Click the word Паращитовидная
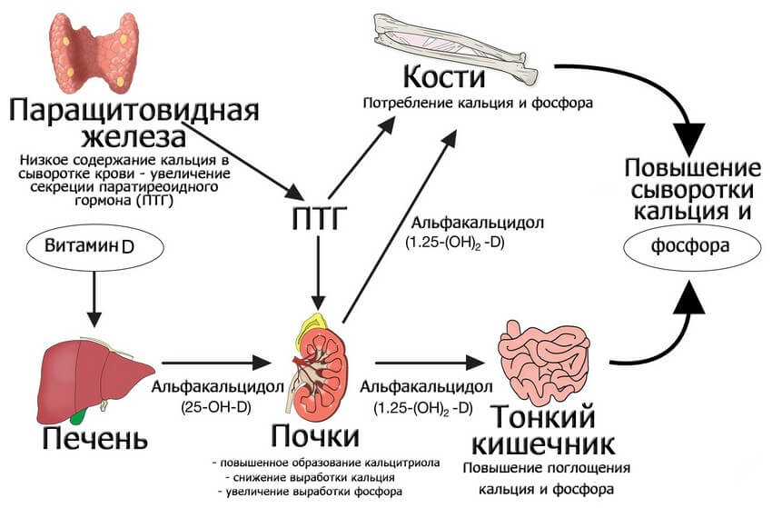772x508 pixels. pos(134,111)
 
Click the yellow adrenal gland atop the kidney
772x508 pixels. pos(316,321)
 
